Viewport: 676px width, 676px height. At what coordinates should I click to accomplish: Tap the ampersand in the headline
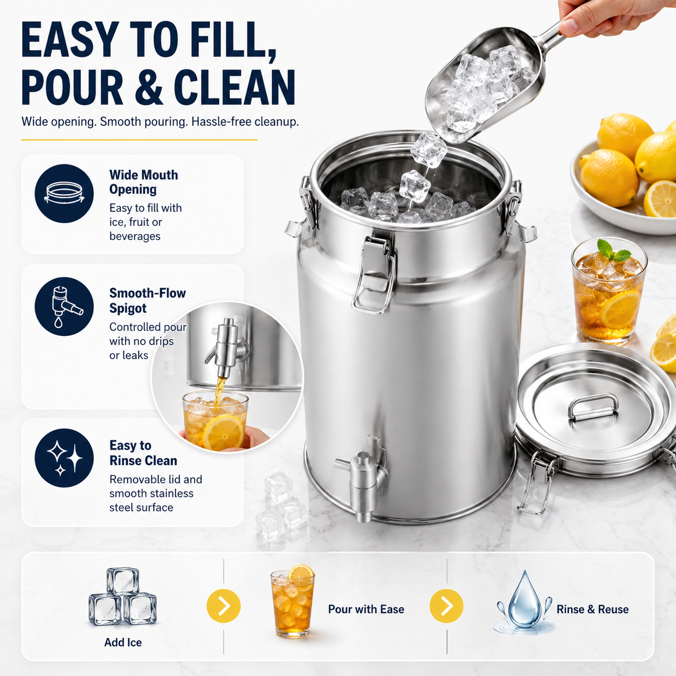[149, 87]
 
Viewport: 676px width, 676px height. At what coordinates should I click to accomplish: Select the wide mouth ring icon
[64, 194]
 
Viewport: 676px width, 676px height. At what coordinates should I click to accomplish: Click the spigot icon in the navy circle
[65, 307]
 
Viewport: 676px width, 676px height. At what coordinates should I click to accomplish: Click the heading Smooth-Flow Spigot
[147, 300]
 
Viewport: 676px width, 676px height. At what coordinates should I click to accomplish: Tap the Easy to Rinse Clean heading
[143, 453]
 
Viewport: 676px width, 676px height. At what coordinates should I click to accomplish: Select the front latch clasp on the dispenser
[374, 274]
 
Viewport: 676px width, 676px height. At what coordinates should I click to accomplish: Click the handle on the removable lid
[593, 406]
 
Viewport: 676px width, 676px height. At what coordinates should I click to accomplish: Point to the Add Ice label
[123, 642]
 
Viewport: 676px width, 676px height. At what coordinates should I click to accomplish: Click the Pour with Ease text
[366, 609]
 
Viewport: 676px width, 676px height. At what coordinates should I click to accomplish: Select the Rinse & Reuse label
[592, 609]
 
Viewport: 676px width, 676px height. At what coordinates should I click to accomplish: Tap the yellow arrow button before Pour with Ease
[224, 606]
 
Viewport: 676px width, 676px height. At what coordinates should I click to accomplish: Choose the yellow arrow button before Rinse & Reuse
[446, 606]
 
